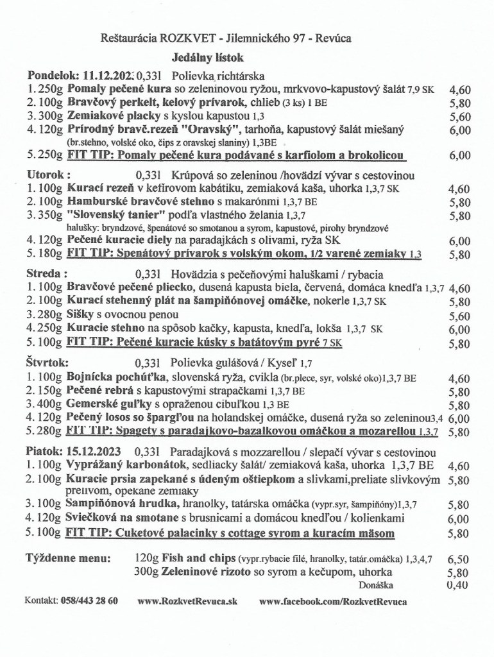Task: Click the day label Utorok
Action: (x=47, y=175)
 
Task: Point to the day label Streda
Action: (x=45, y=273)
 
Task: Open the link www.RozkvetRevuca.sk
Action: (x=187, y=601)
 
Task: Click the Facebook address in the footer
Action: (x=333, y=601)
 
